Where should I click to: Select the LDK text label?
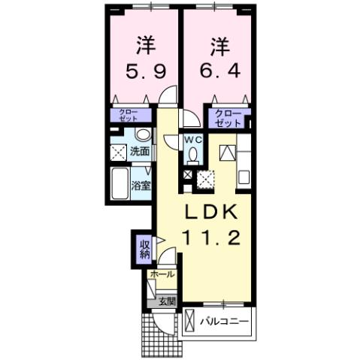(x=210, y=211)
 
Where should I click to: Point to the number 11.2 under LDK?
(x=210, y=239)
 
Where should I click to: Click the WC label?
(x=193, y=140)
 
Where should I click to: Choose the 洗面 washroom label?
(x=140, y=151)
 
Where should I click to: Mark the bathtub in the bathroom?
(x=119, y=182)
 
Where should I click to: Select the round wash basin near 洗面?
(x=143, y=135)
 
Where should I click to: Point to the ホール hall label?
(x=162, y=274)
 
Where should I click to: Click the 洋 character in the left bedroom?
(x=144, y=45)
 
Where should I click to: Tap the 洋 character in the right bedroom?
(x=219, y=45)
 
